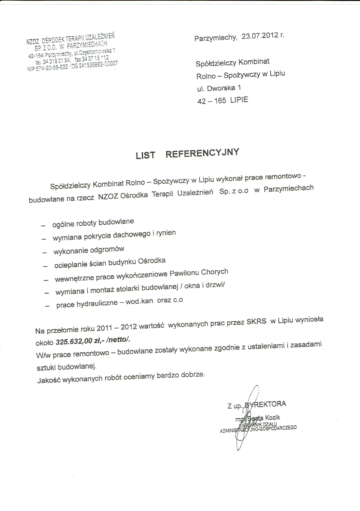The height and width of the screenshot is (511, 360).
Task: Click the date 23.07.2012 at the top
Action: pos(260,36)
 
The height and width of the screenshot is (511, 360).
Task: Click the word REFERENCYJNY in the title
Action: pos(202,153)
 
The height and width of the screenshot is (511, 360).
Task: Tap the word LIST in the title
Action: pos(145,155)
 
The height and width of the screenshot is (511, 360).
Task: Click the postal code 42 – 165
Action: pos(212,101)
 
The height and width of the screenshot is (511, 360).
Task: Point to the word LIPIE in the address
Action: pos(239,100)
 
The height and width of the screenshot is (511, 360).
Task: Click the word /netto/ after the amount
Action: pos(119,340)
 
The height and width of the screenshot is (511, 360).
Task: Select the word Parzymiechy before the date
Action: pos(215,38)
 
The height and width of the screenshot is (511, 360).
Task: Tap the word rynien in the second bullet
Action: pos(166,233)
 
